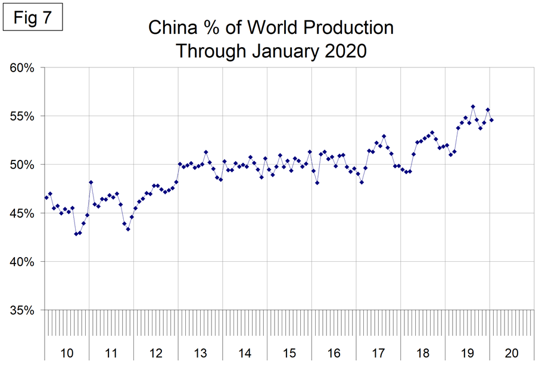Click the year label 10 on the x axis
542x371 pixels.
pos(67,353)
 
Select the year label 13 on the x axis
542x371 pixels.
pos(200,353)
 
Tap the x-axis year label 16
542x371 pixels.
pos(334,353)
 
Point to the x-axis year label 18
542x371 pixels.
pos(422,353)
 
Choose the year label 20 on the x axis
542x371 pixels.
pos(511,353)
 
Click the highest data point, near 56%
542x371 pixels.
pos(473,107)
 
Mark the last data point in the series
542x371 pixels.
pos(491,120)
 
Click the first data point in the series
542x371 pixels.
pos(46,197)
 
